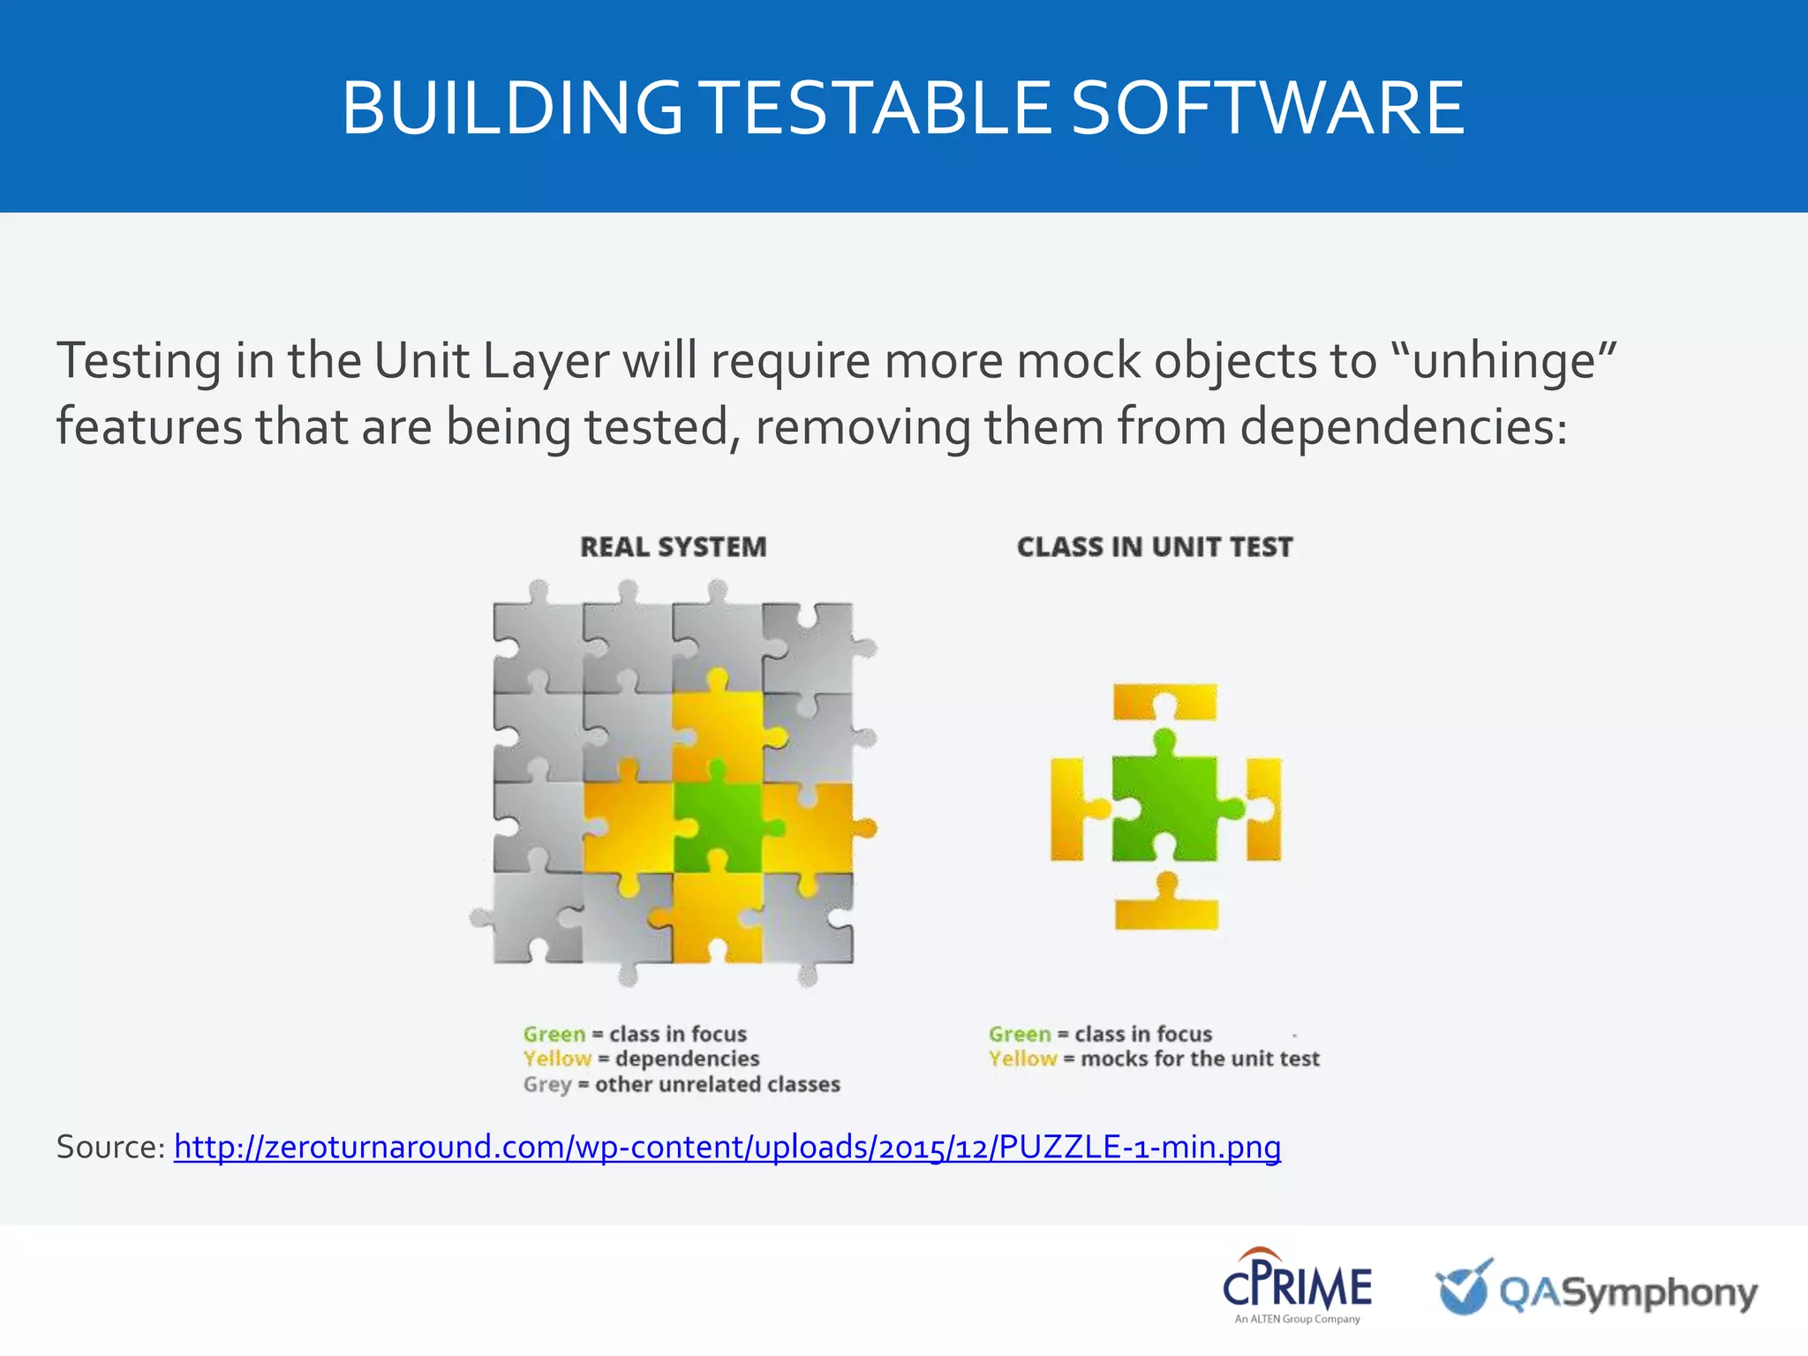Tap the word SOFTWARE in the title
click(x=1268, y=108)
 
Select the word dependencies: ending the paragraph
click(x=1404, y=426)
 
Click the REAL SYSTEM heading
click(x=673, y=547)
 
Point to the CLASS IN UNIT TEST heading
click(x=1154, y=547)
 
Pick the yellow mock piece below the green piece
click(x=1166, y=909)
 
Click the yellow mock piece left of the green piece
click(x=1070, y=808)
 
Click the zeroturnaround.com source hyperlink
click(x=727, y=1147)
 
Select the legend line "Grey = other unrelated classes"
click(x=681, y=1084)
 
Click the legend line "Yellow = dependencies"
click(x=641, y=1058)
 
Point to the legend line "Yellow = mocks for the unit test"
click(x=1153, y=1058)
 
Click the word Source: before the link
click(x=110, y=1147)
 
